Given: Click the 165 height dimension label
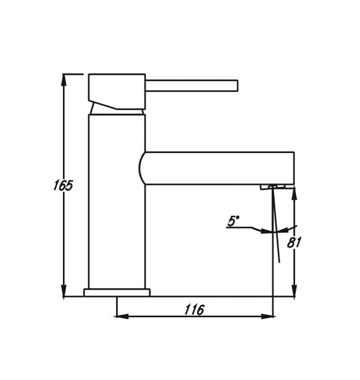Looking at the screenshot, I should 63,185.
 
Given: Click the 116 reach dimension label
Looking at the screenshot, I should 194,309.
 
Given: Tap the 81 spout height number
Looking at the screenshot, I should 294,242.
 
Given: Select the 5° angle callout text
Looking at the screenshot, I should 233,221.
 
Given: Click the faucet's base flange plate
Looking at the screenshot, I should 117,292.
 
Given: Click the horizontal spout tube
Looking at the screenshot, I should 217,168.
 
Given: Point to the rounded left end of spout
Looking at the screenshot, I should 141,168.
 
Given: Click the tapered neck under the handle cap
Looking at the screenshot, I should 117,109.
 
